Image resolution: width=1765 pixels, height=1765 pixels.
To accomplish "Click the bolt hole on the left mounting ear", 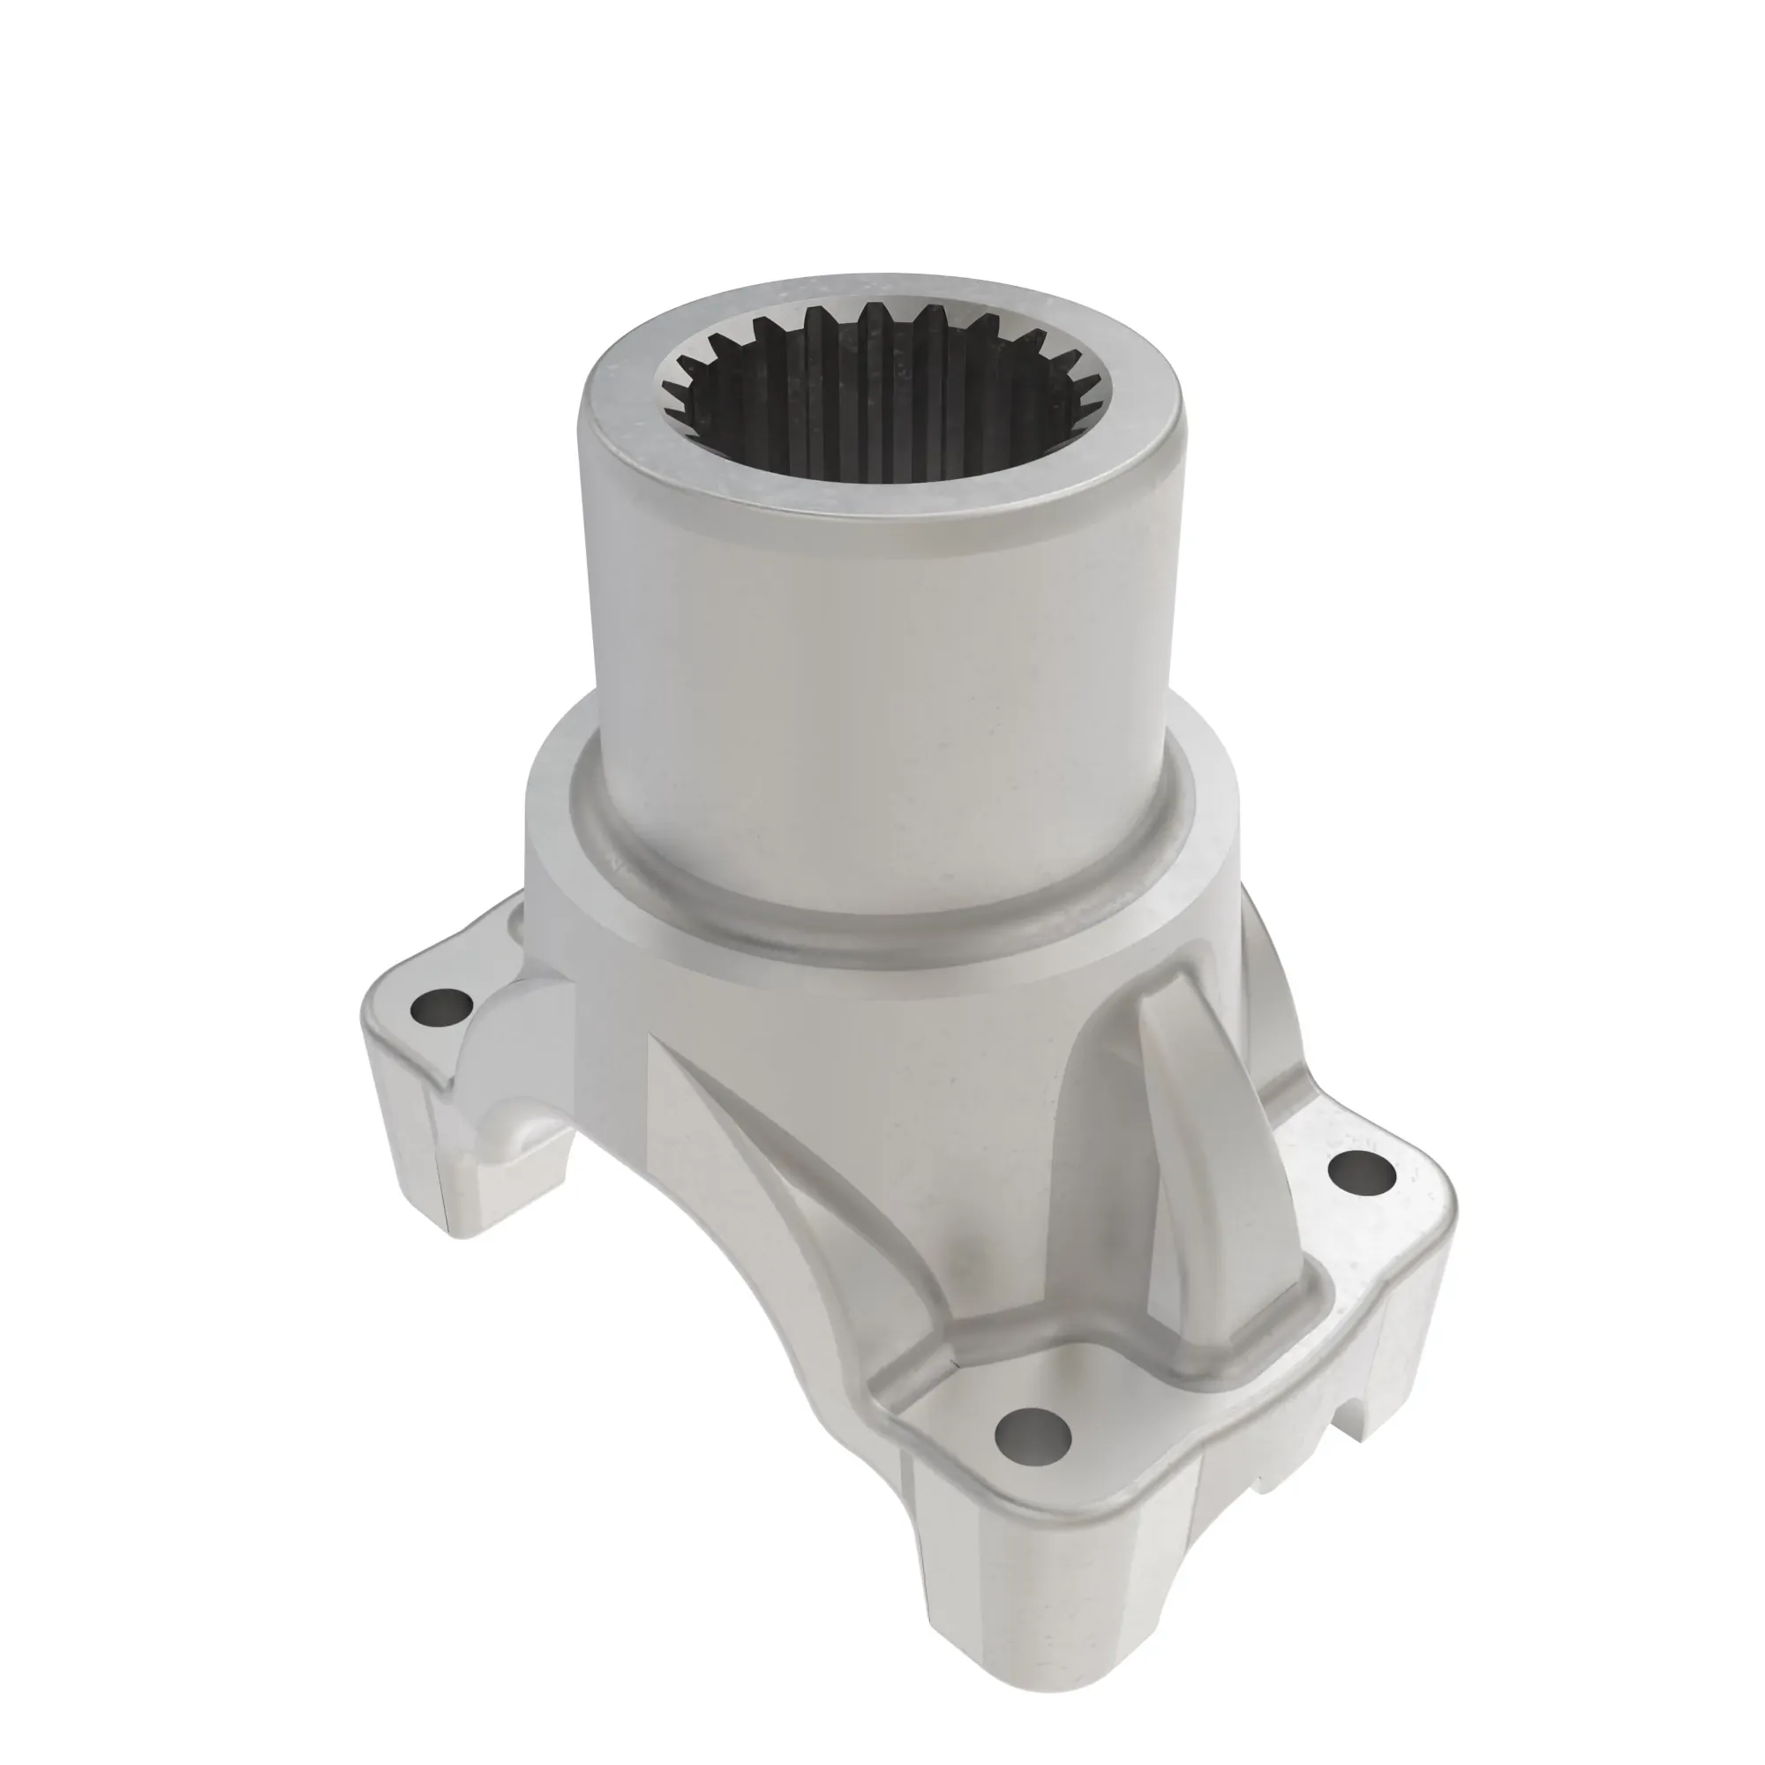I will pos(441,1009).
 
